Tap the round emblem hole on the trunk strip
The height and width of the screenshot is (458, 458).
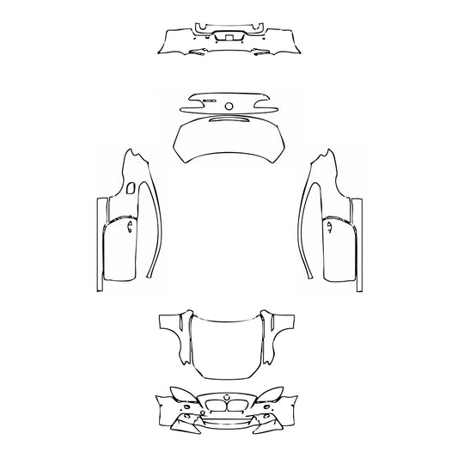pyautogui.click(x=229, y=107)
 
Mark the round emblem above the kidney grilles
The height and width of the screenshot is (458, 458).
pyautogui.click(x=228, y=396)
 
